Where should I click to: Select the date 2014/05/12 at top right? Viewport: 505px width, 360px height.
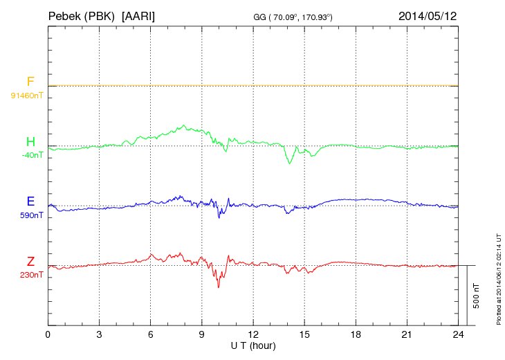click(428, 15)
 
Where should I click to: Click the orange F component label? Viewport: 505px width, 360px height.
click(30, 82)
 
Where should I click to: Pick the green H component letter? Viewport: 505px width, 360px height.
click(30, 142)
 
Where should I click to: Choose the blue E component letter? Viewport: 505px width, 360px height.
click(30, 202)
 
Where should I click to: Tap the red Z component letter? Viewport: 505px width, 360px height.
click(30, 262)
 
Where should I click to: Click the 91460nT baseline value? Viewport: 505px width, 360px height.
click(26, 95)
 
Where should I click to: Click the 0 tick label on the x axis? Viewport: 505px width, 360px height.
click(48, 334)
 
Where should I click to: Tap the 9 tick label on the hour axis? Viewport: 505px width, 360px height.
click(202, 334)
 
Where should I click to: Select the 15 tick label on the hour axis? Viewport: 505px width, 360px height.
click(304, 334)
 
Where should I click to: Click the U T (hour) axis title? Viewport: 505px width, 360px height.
click(253, 345)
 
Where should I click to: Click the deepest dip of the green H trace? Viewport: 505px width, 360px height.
click(289, 163)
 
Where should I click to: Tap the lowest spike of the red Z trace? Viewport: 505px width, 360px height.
click(219, 287)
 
